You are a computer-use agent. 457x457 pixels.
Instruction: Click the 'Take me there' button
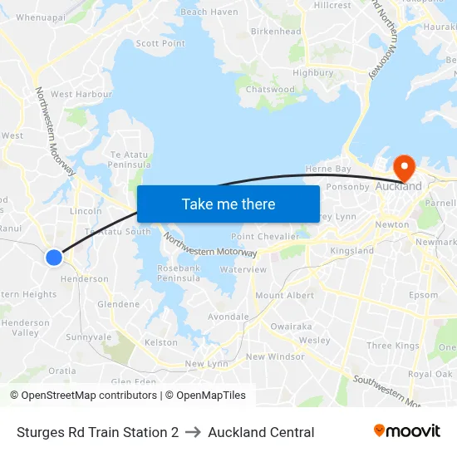pos(228,204)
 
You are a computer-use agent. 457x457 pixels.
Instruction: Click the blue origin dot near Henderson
pos(54,258)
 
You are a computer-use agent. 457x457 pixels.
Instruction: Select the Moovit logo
pos(407,431)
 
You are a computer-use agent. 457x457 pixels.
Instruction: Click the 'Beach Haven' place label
pos(209,12)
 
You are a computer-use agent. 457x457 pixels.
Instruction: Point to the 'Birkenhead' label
pos(276,32)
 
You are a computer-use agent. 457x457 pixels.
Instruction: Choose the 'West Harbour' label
pos(81,95)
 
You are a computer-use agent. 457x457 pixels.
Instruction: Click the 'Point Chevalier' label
pos(265,237)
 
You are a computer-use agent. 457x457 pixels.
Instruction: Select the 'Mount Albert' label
pos(285,296)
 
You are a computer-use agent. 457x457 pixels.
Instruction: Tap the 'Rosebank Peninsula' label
pos(179,273)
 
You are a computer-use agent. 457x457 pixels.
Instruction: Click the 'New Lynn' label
pos(206,364)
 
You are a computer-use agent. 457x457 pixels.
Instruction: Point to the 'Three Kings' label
pos(393,346)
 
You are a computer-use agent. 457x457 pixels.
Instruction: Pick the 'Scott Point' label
pos(160,43)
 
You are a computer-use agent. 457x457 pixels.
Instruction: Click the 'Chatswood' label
pos(270,90)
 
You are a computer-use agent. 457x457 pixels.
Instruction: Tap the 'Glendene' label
pos(118,304)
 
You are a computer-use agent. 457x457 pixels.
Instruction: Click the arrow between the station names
pos(193,432)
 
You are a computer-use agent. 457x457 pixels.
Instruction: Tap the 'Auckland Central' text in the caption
pos(261,432)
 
